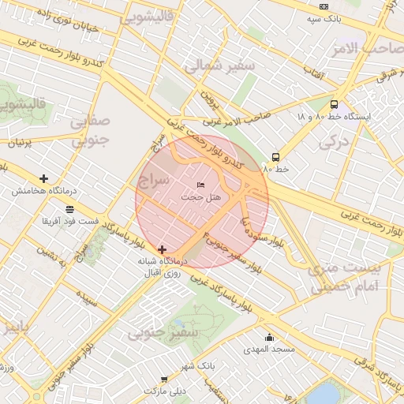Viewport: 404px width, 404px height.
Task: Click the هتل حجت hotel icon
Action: (200, 184)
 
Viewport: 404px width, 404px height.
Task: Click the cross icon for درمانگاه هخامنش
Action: (43, 179)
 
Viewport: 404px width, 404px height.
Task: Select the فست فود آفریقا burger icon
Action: (70, 210)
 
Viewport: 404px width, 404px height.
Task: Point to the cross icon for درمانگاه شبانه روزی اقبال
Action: (163, 249)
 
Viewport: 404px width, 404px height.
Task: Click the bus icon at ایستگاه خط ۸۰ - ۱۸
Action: (334, 104)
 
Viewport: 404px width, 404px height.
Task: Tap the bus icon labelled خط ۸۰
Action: (275, 157)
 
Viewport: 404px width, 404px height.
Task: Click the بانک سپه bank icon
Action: (324, 6)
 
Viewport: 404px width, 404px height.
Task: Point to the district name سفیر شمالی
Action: (220, 67)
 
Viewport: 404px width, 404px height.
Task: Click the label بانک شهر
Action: (196, 367)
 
